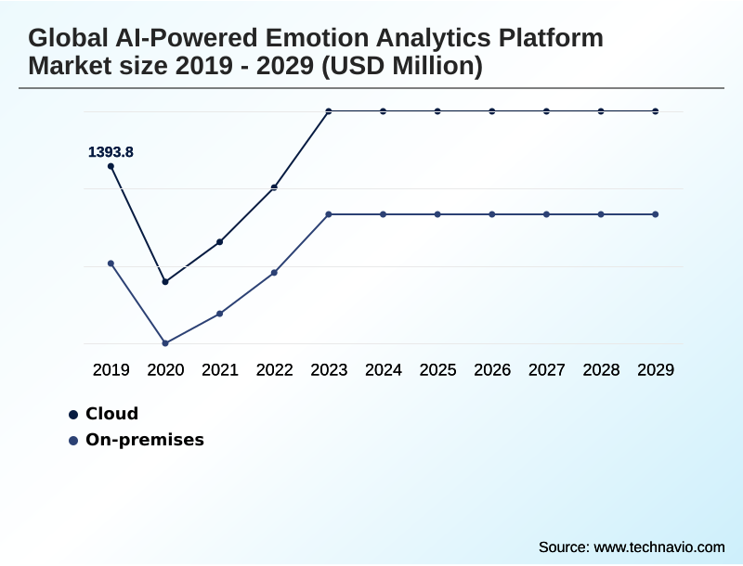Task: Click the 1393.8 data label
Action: (111, 151)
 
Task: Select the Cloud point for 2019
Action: (111, 166)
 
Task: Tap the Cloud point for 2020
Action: (165, 281)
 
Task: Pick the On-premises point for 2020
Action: (165, 343)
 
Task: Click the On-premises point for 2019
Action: (111, 264)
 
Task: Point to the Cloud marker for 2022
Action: (274, 187)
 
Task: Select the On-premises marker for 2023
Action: (329, 214)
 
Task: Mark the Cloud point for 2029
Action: (656, 111)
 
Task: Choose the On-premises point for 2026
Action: (492, 214)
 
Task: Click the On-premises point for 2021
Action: (220, 314)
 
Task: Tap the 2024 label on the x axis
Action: (383, 370)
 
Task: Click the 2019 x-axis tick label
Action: (111, 370)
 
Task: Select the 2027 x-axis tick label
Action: (546, 370)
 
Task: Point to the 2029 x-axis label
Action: (656, 370)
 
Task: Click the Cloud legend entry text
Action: (111, 414)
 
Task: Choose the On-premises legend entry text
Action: (144, 440)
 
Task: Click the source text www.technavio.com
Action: (658, 547)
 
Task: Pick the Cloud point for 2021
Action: (220, 242)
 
